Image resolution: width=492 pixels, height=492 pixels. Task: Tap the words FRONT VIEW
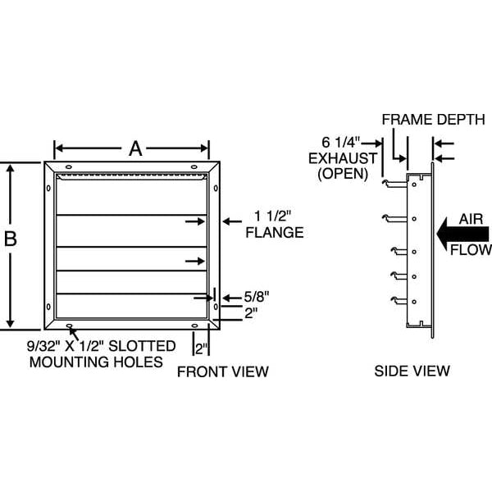[224, 371]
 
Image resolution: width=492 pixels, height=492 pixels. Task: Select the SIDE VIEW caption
[412, 371]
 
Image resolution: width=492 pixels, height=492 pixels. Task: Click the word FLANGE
[275, 232]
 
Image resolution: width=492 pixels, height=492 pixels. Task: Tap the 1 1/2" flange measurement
[274, 216]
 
